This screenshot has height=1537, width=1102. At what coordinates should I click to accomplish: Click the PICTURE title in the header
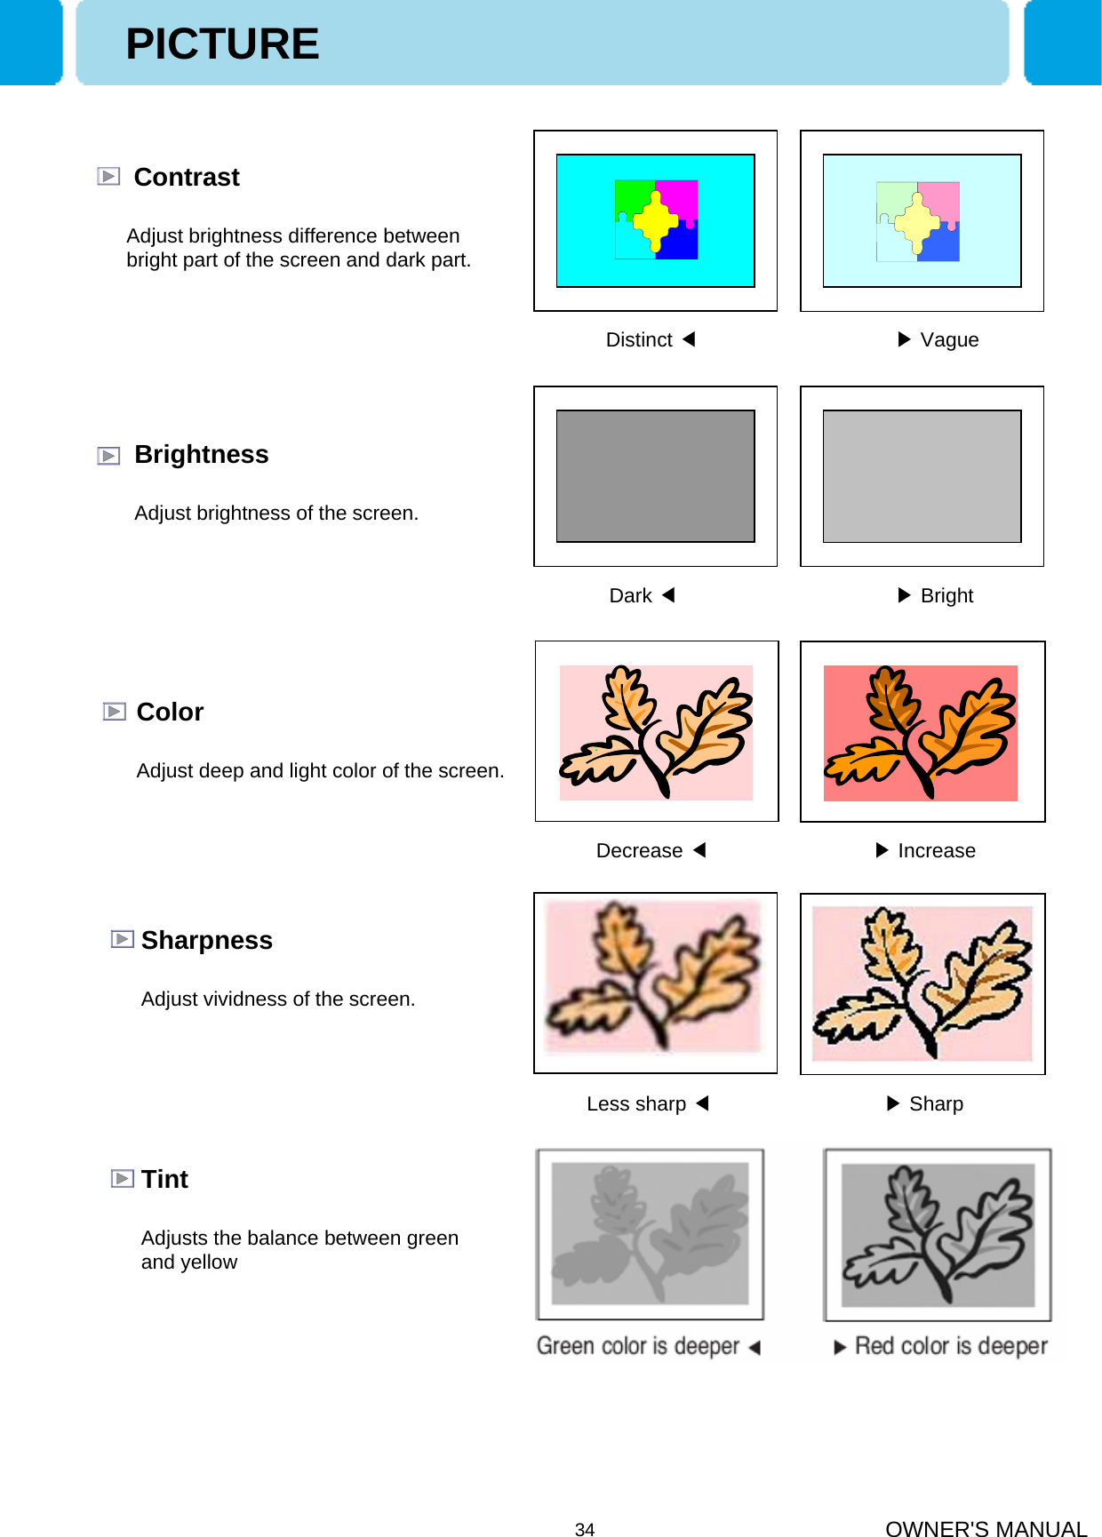click(222, 44)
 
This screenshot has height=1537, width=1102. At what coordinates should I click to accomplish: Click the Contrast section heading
click(186, 177)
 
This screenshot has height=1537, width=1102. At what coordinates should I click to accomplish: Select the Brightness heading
click(201, 454)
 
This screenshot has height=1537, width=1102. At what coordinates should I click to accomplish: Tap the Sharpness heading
click(206, 940)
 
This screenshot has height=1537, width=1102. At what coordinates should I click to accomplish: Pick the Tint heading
click(164, 1179)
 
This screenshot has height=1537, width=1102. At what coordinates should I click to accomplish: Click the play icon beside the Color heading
click(114, 712)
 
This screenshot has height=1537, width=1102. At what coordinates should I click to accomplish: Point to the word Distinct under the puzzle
click(638, 339)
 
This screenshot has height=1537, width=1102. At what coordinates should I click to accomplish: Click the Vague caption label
click(949, 339)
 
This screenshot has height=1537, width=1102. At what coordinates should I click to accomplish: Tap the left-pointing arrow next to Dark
click(669, 595)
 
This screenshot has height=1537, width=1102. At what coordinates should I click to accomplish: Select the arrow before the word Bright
click(904, 595)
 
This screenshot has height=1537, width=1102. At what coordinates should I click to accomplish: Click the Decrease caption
click(639, 850)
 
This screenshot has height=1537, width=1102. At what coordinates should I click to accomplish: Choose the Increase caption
click(936, 850)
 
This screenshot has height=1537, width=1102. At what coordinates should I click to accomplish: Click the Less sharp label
click(636, 1103)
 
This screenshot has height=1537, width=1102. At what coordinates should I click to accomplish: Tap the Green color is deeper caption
click(638, 1346)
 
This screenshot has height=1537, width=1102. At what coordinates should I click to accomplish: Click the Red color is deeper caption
click(951, 1346)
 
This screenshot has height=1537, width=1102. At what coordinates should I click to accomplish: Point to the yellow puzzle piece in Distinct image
click(656, 219)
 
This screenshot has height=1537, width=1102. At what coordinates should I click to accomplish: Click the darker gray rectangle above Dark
click(655, 476)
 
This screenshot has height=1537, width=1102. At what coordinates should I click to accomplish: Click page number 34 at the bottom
click(585, 1529)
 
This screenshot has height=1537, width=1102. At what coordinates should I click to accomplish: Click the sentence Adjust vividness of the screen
click(278, 999)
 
